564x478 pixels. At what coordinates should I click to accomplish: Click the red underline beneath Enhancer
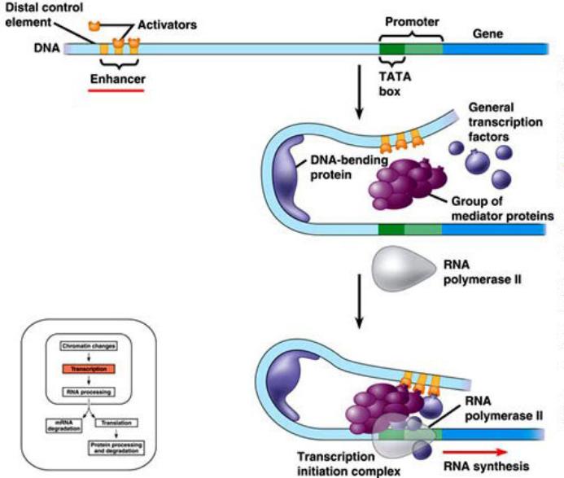[116, 90]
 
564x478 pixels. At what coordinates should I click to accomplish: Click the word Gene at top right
[487, 35]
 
